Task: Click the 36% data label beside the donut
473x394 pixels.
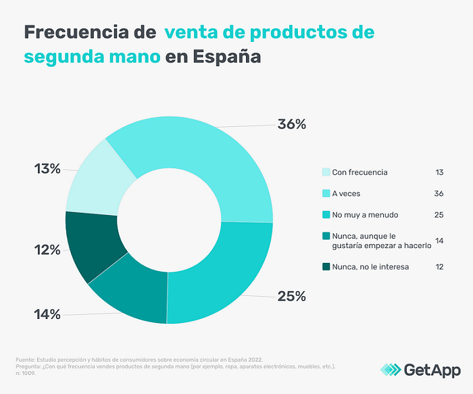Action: tap(292, 124)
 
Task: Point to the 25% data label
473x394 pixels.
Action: tap(292, 296)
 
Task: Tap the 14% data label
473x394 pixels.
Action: tap(47, 314)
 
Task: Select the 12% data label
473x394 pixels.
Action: tap(47, 249)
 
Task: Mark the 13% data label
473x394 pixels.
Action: tap(47, 169)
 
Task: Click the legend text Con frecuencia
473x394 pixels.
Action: tap(359, 172)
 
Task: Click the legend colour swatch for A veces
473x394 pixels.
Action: tap(326, 193)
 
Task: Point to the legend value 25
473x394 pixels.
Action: tap(439, 215)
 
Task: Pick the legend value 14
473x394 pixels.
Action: tap(439, 241)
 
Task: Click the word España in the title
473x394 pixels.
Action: tap(226, 57)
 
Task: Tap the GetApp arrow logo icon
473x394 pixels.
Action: tap(391, 369)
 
